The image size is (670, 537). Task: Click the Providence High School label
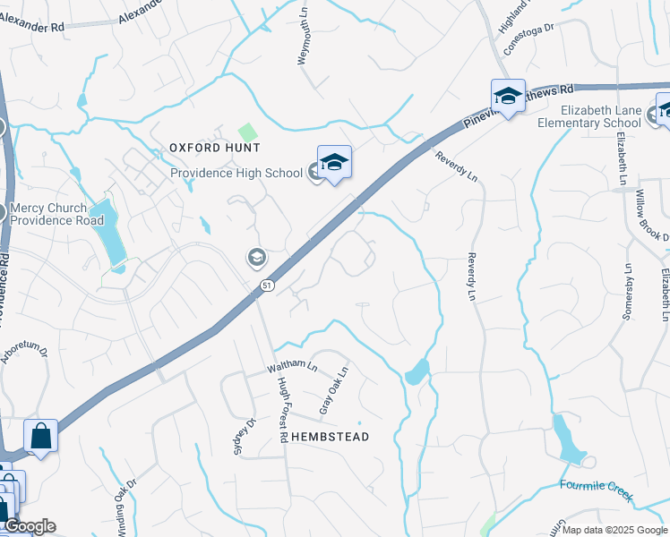click(x=236, y=173)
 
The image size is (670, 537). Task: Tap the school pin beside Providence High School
click(x=334, y=162)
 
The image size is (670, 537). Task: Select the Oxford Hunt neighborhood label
click(x=214, y=147)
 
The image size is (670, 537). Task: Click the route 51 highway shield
click(x=267, y=285)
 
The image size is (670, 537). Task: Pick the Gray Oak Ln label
click(x=333, y=392)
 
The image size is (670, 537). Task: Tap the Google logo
click(x=29, y=526)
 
